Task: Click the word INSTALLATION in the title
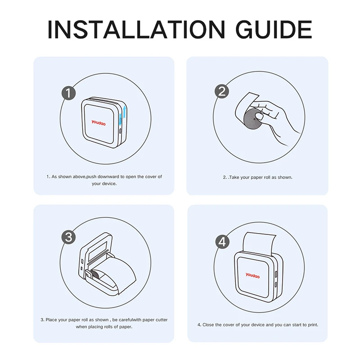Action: (136, 29)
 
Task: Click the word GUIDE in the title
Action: (274, 29)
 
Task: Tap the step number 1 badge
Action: (69, 93)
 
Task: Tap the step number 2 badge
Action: (222, 91)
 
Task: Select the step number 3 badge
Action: (69, 237)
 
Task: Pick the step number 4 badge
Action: (222, 242)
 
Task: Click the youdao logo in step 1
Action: (99, 122)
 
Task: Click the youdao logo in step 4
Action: (252, 275)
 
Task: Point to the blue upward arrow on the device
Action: (124, 112)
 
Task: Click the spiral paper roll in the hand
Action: (253, 119)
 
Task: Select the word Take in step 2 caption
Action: (234, 177)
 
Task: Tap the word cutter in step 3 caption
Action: (162, 320)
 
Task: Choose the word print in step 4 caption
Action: (313, 325)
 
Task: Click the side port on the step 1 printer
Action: (120, 131)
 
